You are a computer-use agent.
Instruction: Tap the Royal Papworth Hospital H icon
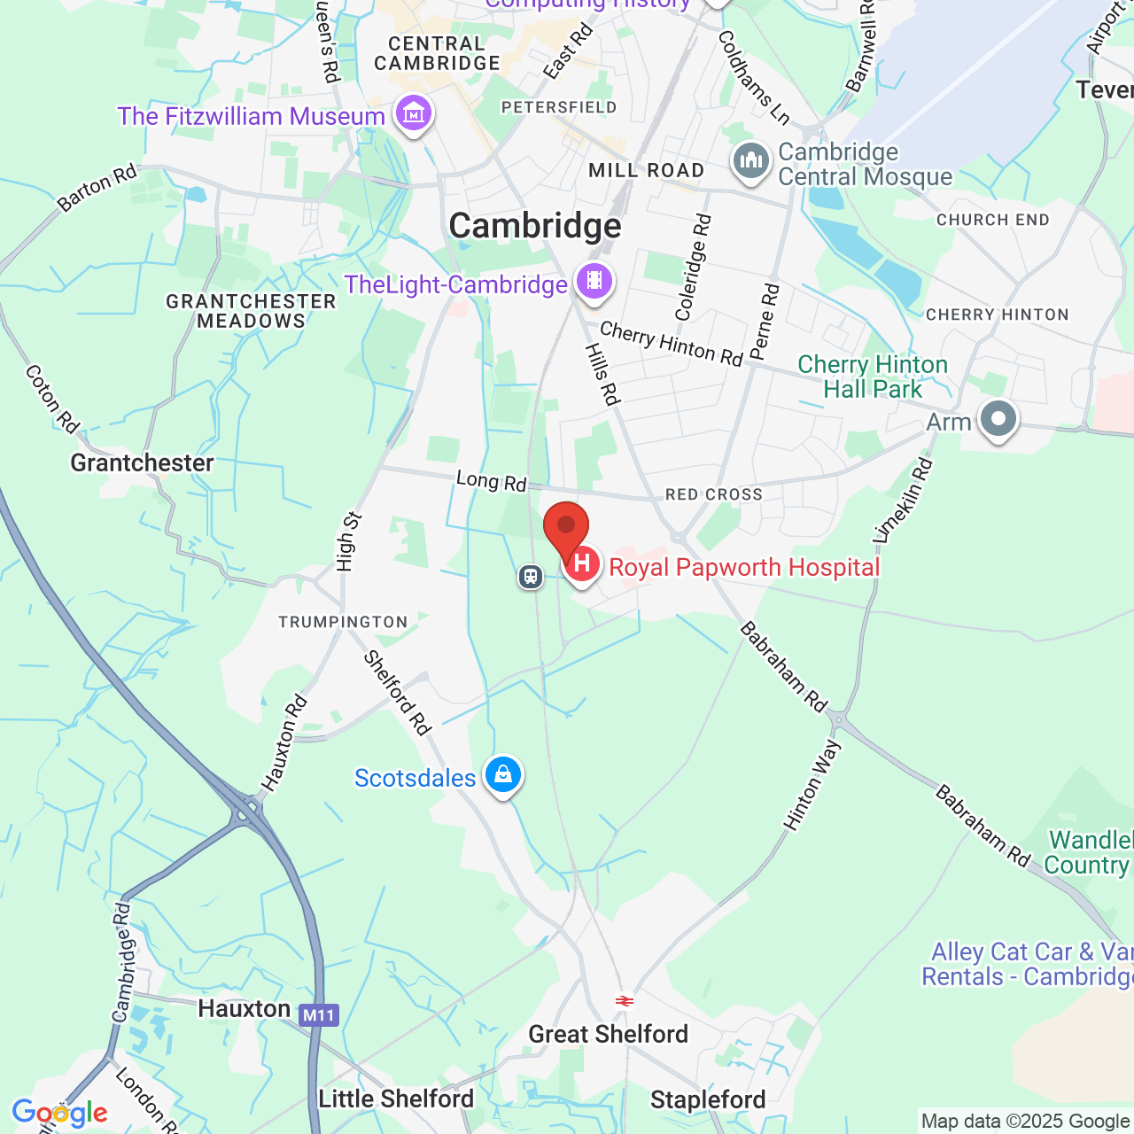coord(582,563)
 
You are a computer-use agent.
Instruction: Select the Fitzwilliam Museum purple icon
coord(414,113)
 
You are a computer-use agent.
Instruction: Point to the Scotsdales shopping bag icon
coord(503,775)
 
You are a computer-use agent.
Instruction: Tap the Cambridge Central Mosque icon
coord(751,161)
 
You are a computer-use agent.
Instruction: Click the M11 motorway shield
coord(318,1015)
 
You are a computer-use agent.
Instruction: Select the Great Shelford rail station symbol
coord(625,1001)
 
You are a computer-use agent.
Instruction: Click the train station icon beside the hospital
coord(531,577)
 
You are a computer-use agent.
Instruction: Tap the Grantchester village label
coord(142,462)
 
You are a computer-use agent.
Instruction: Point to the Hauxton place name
coord(244,1008)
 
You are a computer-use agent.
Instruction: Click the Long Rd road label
coord(491,481)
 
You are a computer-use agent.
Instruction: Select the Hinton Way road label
coord(812,786)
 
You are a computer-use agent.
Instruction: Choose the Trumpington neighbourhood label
coord(343,622)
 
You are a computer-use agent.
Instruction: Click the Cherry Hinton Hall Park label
coord(873,377)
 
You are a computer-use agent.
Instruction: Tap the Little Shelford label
coord(396,1099)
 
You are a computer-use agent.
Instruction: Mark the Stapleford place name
coord(708,1099)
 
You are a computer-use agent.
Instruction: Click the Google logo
coord(59,1113)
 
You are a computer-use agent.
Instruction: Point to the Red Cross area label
coord(714,494)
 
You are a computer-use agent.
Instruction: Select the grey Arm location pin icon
coord(998,418)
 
